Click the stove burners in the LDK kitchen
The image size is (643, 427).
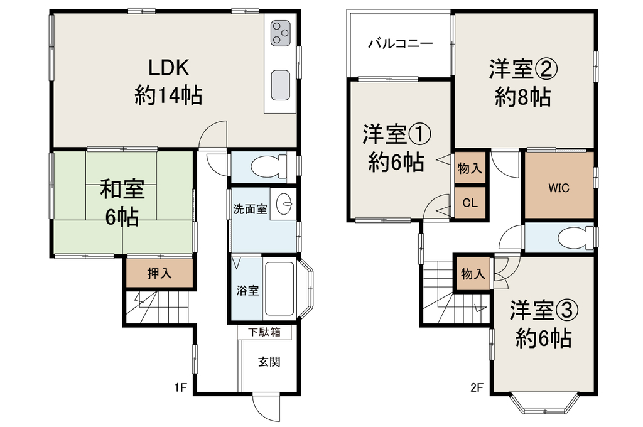[x=281, y=33]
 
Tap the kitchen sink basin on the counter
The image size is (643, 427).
[x=281, y=85]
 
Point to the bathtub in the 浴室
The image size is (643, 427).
[x=279, y=289]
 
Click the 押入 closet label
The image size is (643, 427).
[x=159, y=273]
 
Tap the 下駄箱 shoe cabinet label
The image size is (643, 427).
[x=264, y=332]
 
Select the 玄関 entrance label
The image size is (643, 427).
[x=269, y=361]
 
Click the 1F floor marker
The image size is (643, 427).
[x=180, y=387]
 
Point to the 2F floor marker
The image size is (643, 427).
[x=477, y=387]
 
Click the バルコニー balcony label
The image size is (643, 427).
[x=400, y=43]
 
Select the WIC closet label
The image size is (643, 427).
[x=558, y=188]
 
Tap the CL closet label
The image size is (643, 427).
[x=470, y=203]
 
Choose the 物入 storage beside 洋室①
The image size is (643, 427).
[x=470, y=168]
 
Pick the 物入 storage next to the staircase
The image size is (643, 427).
[x=473, y=274]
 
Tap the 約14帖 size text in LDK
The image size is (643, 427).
[x=168, y=96]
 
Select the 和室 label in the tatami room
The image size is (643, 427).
[x=122, y=190]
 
